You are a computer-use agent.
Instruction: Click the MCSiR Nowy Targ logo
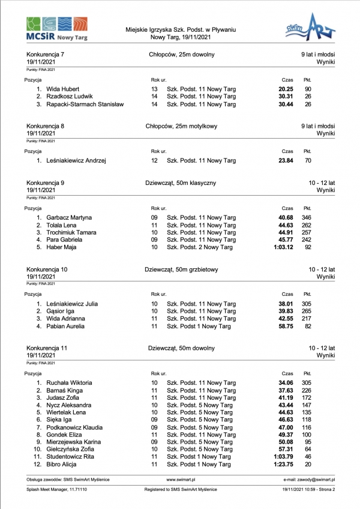coord(57,29)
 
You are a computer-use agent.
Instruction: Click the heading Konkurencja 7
coord(46,55)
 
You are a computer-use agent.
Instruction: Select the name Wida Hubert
coord(63,89)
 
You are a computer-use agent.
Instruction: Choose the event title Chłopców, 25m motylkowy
coord(181,127)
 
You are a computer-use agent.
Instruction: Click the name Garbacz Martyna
coord(69,217)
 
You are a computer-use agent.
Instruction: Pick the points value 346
coord(307,217)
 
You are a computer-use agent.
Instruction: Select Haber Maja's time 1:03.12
coord(282,247)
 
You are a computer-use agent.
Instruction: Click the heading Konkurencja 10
coord(47,270)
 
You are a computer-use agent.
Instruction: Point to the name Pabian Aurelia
coord(65,327)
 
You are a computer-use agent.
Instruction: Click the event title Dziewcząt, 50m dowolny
coord(178,348)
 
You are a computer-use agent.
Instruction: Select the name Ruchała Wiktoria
coord(69,382)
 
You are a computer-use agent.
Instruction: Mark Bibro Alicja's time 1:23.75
coord(282,465)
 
